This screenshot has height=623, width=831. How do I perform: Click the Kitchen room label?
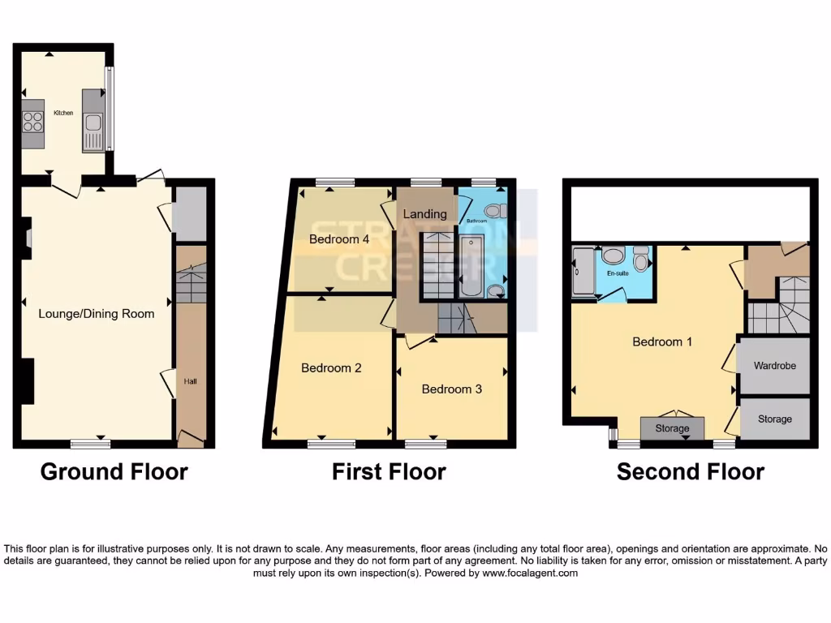point(63,113)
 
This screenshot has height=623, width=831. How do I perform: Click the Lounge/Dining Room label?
point(97,314)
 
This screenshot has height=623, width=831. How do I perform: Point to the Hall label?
point(190,381)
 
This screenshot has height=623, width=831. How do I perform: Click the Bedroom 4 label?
point(339,239)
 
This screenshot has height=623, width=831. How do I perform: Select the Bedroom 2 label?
point(331,367)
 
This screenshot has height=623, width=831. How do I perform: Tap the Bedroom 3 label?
point(451,389)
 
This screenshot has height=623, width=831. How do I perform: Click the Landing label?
point(426,214)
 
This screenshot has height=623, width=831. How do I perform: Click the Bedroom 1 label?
point(662,342)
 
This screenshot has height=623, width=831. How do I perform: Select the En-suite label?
point(618,274)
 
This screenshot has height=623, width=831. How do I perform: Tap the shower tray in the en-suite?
point(583,271)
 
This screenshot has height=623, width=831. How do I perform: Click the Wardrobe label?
point(774,366)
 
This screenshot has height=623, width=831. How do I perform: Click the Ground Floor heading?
point(114,471)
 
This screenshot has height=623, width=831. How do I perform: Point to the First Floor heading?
point(389,471)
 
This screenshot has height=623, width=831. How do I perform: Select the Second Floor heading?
point(690,471)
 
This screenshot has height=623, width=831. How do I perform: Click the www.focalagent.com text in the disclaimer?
point(528,573)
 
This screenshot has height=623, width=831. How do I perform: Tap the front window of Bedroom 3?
point(425,444)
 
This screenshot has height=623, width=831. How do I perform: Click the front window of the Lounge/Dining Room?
point(90,444)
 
